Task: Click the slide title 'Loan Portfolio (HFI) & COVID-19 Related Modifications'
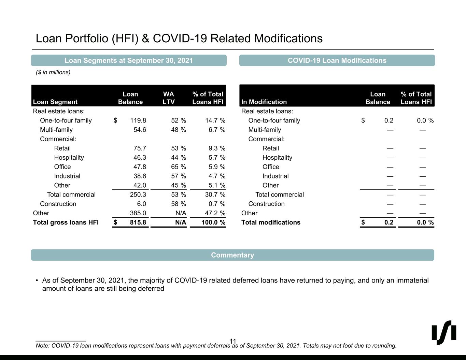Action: point(179,38)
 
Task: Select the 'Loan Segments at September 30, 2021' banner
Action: point(129,60)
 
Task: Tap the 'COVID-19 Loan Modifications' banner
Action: point(337,60)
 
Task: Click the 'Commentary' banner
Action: point(232,255)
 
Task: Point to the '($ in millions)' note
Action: point(53,72)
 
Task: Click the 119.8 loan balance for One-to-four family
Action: point(138,120)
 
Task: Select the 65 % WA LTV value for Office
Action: point(179,167)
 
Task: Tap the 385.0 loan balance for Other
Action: point(138,213)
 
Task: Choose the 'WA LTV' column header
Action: point(169,98)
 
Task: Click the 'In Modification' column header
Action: point(264,102)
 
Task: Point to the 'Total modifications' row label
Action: point(271,222)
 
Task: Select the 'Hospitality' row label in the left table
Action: point(69,158)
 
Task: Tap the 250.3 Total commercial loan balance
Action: point(138,195)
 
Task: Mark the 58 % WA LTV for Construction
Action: point(179,204)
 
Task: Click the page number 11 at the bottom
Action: point(233,341)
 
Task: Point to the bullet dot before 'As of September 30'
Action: point(37,281)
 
